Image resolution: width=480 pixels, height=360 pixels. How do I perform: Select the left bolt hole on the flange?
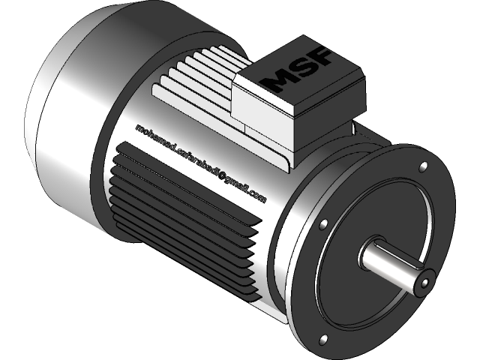322,224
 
